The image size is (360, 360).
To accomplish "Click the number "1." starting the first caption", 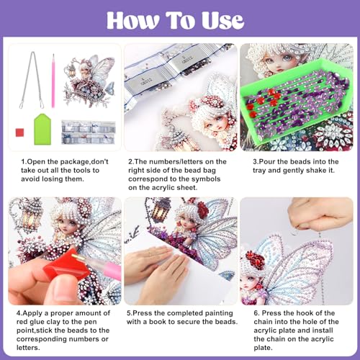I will pos(23,161).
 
